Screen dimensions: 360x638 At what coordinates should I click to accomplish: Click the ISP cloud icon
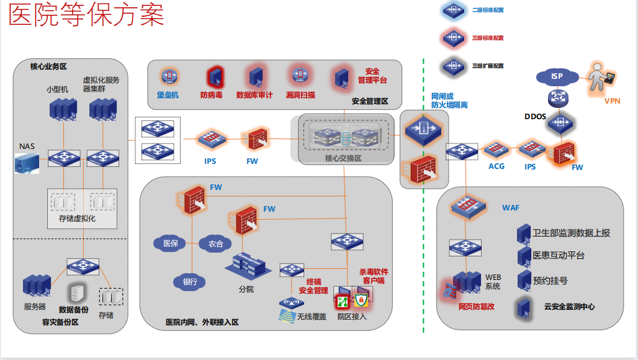pos(557,76)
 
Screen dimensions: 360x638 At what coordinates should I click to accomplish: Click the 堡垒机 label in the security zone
pos(168,95)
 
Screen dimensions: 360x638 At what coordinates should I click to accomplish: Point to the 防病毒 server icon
pos(215,77)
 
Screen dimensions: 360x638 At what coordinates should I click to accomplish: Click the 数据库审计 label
pos(254,95)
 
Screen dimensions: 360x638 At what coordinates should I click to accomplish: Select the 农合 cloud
pos(215,243)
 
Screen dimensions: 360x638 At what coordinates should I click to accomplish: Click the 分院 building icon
pos(248,267)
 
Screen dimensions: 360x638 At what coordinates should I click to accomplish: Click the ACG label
pos(496,166)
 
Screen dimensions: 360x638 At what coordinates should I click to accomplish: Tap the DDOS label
pos(535,116)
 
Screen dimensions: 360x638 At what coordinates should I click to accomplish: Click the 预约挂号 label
pos(550,281)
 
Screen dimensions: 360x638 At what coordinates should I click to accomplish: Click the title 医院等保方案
pos(87,16)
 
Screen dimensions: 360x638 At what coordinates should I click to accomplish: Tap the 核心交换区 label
pos(343,158)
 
